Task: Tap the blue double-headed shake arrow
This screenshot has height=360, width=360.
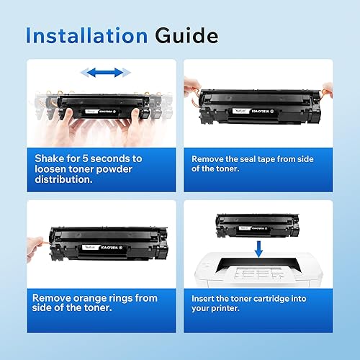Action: pos(106,72)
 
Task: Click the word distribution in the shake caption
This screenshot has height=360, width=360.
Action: pos(63,179)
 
